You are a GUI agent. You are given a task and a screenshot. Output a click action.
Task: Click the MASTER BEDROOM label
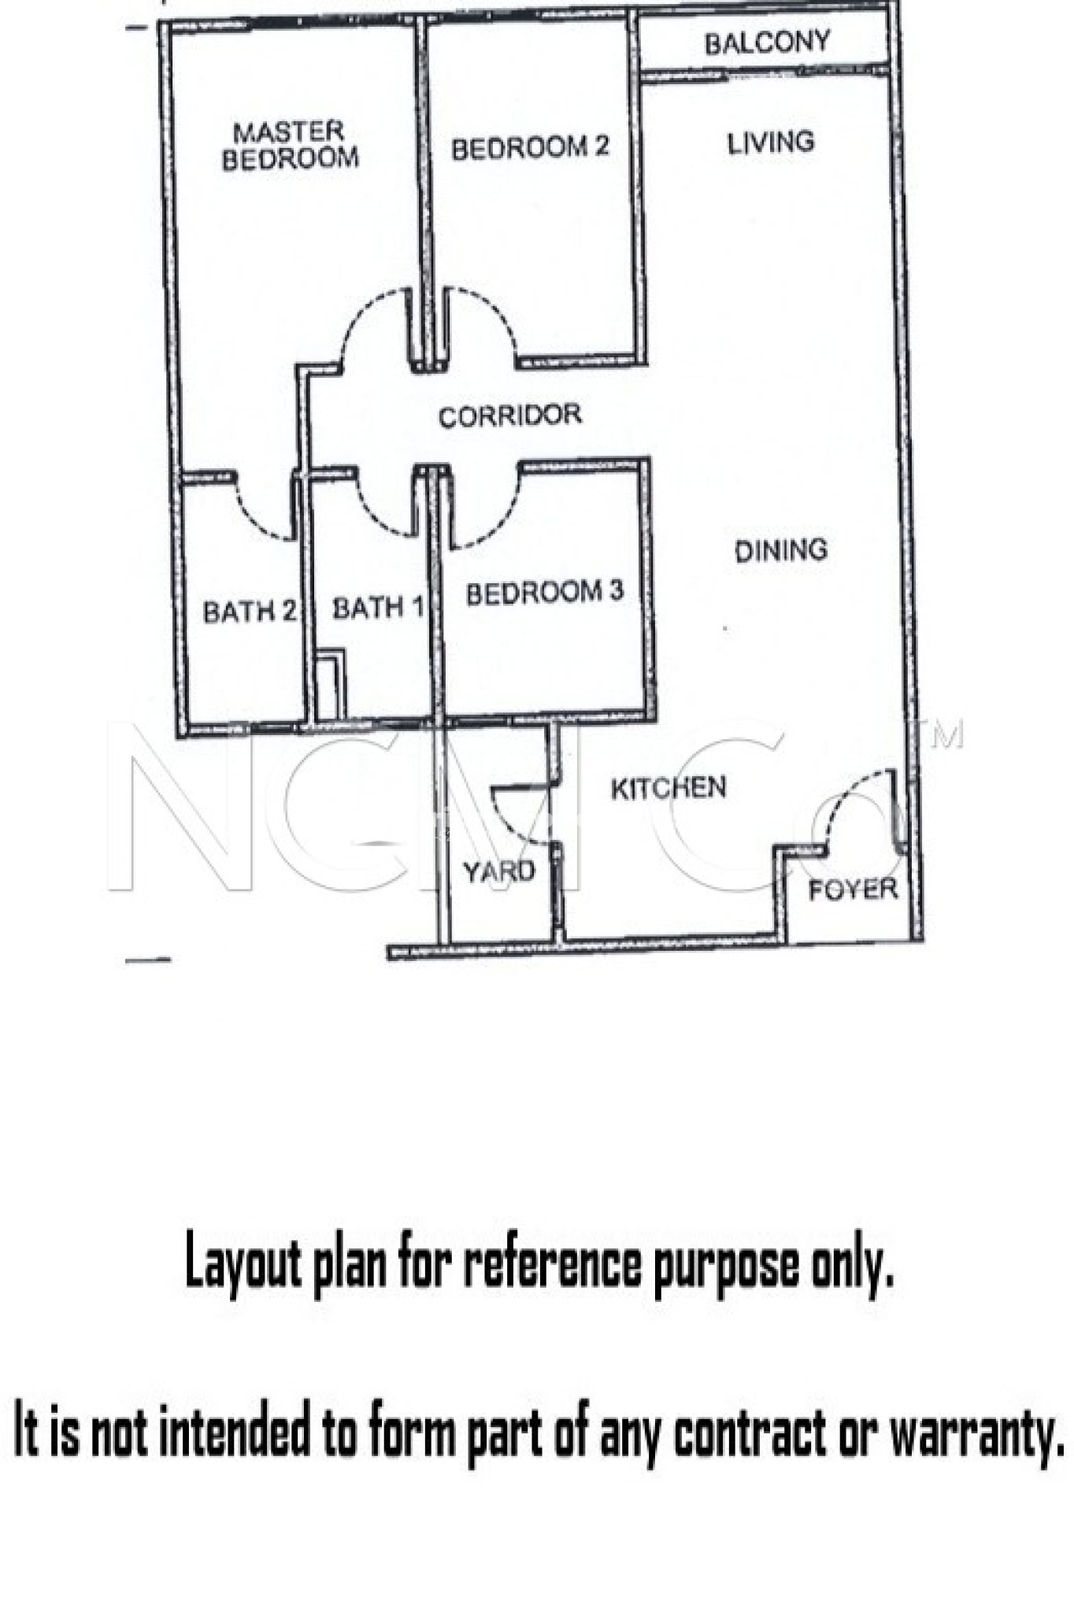tap(290, 146)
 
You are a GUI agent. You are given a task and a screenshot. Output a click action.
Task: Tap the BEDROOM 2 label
tap(530, 147)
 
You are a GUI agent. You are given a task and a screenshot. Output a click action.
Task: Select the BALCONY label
tap(767, 43)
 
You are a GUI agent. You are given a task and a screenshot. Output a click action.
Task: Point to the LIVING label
tap(770, 142)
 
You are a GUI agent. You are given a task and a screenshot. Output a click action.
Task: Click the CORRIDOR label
tap(509, 416)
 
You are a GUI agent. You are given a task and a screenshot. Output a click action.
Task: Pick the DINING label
tap(780, 549)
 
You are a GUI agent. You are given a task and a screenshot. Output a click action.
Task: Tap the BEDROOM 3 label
tap(544, 592)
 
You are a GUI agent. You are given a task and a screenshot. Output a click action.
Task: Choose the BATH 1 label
tap(378, 608)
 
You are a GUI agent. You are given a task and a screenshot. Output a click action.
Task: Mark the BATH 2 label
tap(249, 611)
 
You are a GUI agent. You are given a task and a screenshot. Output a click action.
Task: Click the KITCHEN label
tap(668, 788)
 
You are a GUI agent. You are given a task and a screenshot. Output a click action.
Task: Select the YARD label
tap(498, 871)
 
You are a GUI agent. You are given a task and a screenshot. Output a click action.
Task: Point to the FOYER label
tap(853, 889)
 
